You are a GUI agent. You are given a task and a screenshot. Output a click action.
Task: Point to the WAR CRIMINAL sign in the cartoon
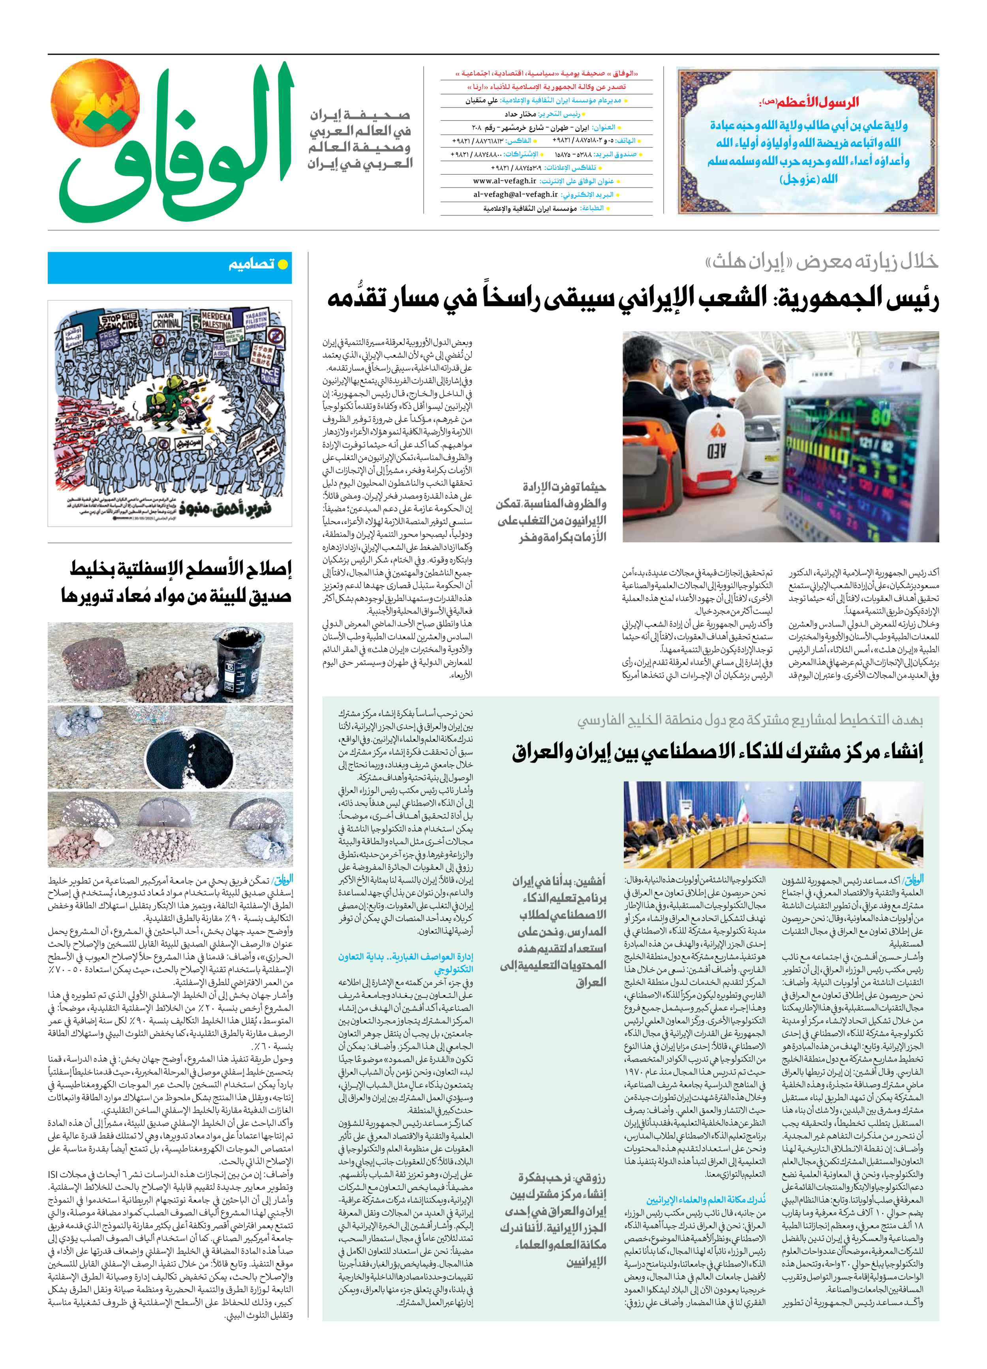[x=166, y=319]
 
